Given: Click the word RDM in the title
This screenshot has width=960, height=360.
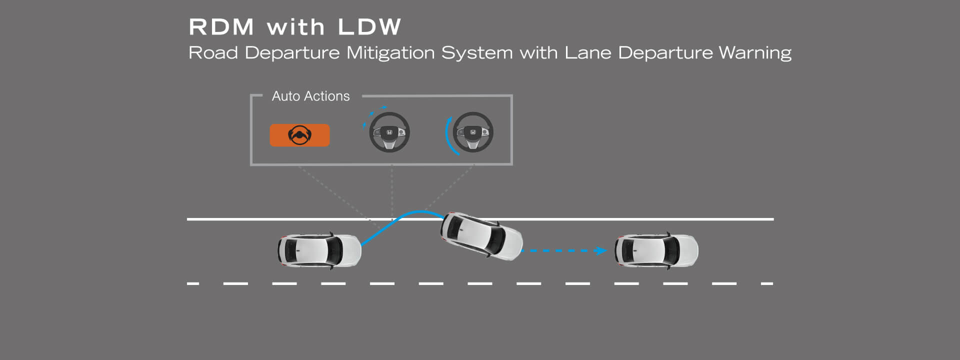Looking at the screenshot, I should point(221,27).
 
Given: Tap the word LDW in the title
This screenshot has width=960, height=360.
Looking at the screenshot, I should point(369,27).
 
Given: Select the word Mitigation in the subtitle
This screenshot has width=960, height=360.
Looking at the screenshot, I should point(390,53).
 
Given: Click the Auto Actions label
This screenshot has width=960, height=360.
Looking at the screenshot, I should point(310,96).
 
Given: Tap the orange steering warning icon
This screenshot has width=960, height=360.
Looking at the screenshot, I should point(299,135).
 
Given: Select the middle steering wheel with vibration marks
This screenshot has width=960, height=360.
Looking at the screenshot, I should point(389,132).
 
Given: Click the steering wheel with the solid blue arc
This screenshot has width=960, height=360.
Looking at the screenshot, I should point(473,132).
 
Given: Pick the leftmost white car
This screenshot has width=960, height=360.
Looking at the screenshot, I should point(319,250).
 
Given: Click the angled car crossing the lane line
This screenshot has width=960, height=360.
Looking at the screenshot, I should point(481,236).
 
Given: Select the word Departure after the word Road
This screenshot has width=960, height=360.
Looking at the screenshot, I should point(292,53).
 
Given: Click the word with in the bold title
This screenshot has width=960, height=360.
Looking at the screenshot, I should point(295,27).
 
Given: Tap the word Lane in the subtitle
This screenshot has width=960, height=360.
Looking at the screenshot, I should point(587,53).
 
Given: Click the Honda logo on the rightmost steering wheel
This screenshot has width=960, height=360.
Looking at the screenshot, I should point(473,132).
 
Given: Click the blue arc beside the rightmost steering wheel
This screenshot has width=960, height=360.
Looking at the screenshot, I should point(448,135).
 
